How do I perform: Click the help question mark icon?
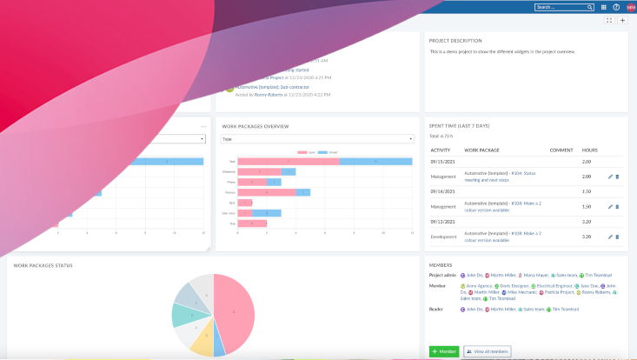pyautogui.click(x=616, y=7)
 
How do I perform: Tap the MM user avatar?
pyautogui.click(x=630, y=7)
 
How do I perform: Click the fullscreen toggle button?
pyautogui.click(x=608, y=20)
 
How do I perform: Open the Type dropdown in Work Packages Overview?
pyautogui.click(x=317, y=138)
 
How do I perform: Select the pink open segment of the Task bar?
pyautogui.click(x=289, y=162)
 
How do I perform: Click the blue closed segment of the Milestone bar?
pyautogui.click(x=288, y=172)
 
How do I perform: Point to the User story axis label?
pyautogui.click(x=229, y=213)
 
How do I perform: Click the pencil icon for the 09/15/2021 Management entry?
pyautogui.click(x=610, y=177)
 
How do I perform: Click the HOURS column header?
pyautogui.click(x=589, y=150)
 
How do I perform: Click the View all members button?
pyautogui.click(x=488, y=351)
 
